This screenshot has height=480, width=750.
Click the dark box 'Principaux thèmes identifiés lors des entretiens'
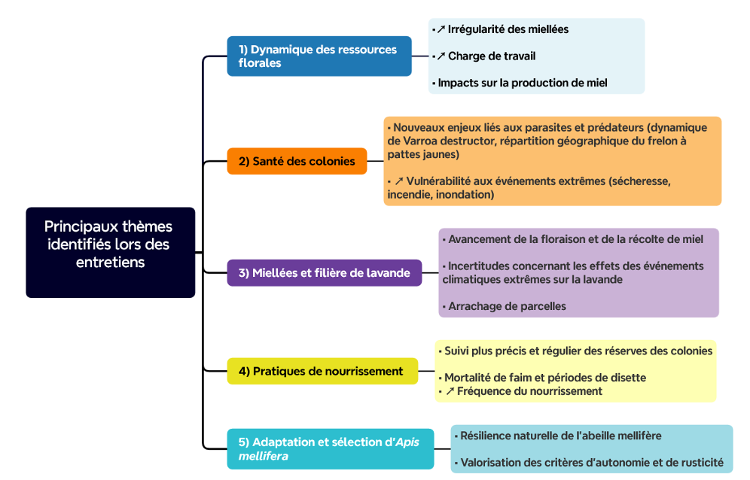coord(111,253)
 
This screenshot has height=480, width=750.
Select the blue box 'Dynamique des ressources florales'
coord(319,56)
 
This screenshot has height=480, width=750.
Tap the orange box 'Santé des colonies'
coord(297,161)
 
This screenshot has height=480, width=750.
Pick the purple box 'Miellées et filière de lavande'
coord(325,273)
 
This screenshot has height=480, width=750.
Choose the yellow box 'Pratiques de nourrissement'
coord(322,371)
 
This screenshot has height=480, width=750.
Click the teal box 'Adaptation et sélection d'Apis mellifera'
coord(331,449)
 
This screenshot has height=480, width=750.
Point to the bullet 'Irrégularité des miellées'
coord(500,29)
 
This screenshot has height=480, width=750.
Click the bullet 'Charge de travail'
coord(483,56)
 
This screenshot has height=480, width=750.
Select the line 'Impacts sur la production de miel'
coord(520,84)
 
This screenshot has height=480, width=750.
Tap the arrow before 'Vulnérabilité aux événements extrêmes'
coord(399,181)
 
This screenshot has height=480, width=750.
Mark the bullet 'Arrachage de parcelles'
coord(505,306)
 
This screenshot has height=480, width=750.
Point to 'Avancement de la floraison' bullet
coord(573,239)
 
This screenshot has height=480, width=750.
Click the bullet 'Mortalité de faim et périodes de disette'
coord(542,378)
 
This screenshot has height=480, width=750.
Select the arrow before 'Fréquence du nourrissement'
coord(450,391)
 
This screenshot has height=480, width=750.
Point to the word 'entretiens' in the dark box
coord(111,263)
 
